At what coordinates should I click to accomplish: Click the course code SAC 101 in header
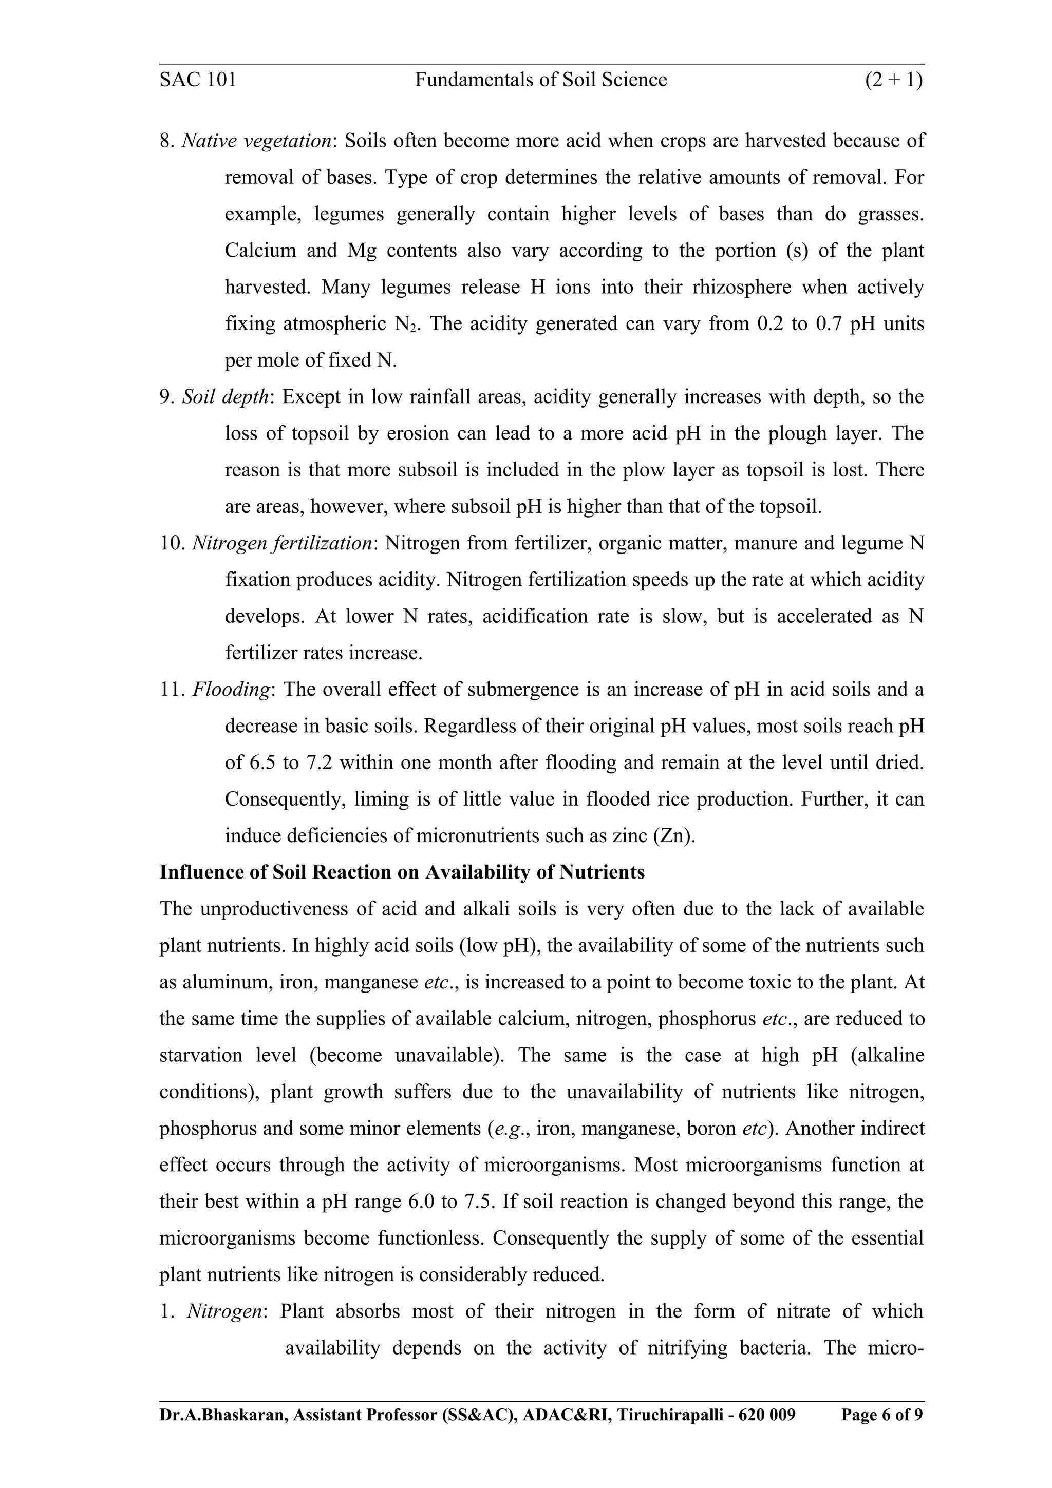click(x=198, y=80)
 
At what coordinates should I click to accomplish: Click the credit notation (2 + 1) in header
click(x=894, y=80)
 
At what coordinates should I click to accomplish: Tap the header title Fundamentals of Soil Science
click(x=540, y=80)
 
